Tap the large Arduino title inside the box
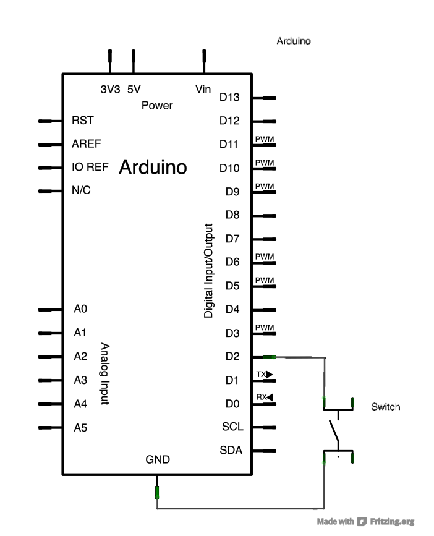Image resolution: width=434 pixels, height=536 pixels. tap(153, 167)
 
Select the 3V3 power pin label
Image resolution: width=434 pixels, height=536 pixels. tap(110, 88)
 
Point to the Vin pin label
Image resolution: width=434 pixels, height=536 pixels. tap(203, 88)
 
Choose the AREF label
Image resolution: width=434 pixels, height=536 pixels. tap(86, 143)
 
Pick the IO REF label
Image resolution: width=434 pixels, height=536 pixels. tap(90, 167)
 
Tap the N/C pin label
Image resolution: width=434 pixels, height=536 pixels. tap(82, 190)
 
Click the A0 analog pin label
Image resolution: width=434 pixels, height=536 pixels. tap(80, 309)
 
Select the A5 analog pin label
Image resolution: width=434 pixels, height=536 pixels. tap(80, 427)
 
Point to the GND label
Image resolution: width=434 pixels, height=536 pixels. tap(157, 460)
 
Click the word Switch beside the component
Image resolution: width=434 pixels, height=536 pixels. tap(385, 407)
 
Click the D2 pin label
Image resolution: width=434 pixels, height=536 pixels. tap(232, 357)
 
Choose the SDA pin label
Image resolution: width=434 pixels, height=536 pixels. tap(231, 450)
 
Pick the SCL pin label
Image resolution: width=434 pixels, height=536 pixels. tap(232, 427)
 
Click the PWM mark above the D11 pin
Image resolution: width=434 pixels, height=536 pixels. tap(264, 139)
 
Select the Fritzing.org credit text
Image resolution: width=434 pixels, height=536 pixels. tap(392, 522)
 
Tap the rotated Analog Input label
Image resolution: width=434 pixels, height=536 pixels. tap(104, 374)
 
